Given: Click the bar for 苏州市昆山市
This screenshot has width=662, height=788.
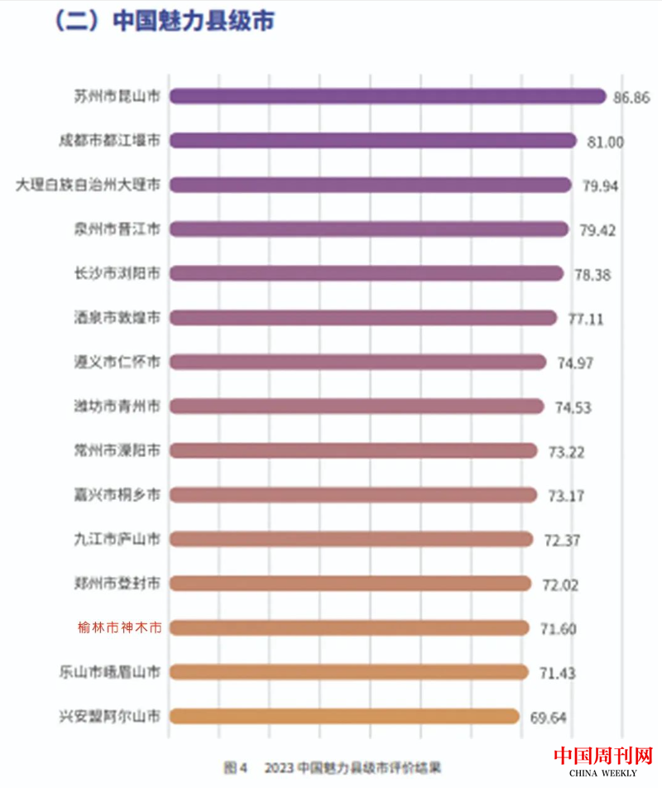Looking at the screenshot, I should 387,96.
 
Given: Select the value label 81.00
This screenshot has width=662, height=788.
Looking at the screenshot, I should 605,142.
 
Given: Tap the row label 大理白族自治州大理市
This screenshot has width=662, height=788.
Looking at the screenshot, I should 89,185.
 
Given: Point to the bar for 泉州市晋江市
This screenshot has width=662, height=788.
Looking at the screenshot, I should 369,228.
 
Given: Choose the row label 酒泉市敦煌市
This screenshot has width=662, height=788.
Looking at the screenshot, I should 117,317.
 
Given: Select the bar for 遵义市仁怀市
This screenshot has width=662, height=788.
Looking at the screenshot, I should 357,362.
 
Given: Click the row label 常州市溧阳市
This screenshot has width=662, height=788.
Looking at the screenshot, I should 117,450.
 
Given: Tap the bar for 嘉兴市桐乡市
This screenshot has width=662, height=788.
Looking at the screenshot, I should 353,495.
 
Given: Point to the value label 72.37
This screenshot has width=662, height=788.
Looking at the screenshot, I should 563,540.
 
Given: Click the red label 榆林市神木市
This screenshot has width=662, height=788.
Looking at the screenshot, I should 117,627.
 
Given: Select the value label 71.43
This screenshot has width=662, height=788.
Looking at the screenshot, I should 559,672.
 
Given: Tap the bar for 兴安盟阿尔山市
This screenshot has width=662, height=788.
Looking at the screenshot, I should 344,716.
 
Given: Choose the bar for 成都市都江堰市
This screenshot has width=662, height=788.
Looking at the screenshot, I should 372,141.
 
